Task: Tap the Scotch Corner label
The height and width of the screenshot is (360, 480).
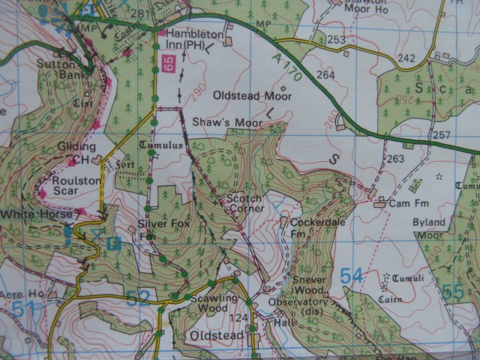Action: click(245, 203)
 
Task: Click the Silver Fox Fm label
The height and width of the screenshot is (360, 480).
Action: click(157, 229)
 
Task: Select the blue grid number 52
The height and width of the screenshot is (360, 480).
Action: click(137, 299)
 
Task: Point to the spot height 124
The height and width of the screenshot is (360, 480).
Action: click(238, 318)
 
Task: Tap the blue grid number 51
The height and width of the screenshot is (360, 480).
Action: click(23, 308)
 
